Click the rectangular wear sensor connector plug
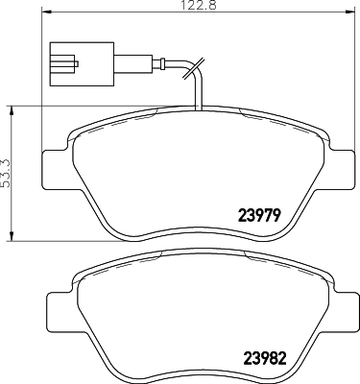[70, 60]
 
